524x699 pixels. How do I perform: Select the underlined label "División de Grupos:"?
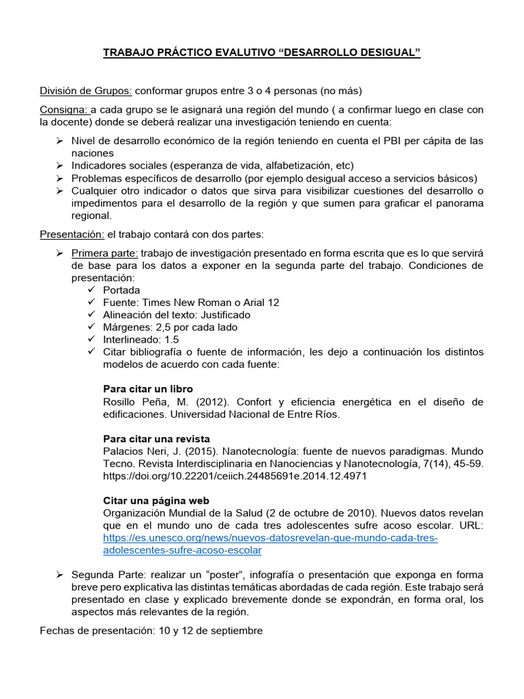(86, 91)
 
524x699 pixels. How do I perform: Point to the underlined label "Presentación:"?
(72, 235)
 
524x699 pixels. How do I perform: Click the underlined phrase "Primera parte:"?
(104, 253)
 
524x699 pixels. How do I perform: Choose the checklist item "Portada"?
(121, 290)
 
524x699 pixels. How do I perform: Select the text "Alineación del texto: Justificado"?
(176, 315)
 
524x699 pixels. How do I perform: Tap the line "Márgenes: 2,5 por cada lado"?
(170, 327)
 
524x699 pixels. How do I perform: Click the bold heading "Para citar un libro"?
(148, 389)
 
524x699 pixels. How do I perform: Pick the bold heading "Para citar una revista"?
(156, 438)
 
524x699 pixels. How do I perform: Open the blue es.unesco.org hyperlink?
(270, 538)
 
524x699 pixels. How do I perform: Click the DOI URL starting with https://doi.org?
(235, 476)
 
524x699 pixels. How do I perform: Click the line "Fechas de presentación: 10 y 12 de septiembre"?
(151, 631)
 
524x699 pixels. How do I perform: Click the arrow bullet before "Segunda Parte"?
(59, 575)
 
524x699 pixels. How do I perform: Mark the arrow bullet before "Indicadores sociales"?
(59, 166)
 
